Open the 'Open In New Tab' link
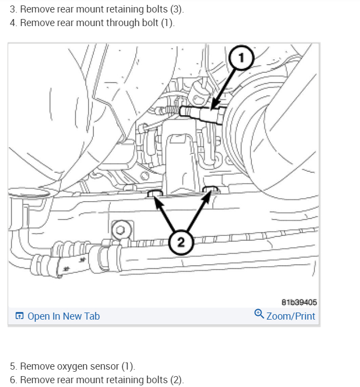tap(64, 316)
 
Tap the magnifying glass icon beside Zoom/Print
tap(259, 315)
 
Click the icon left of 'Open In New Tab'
tap(20, 316)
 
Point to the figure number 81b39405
tap(299, 302)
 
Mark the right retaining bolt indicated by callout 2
tap(211, 190)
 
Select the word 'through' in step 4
tap(122, 23)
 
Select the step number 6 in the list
tap(12, 379)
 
